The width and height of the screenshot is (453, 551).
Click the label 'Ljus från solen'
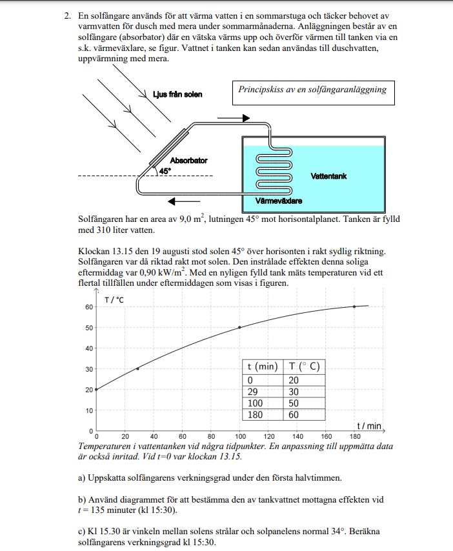tap(177, 95)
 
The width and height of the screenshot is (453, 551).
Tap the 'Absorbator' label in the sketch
tap(188, 161)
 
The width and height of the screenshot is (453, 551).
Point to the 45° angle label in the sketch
tap(165, 171)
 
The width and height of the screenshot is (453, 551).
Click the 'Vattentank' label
tap(328, 175)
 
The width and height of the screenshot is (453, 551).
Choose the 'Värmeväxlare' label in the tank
tap(279, 201)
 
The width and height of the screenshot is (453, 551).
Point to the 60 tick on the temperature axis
tap(88, 306)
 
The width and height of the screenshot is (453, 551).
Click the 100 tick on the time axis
tap(240, 436)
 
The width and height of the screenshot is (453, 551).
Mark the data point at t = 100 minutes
tap(240, 327)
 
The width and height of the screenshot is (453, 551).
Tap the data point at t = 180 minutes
tap(354, 306)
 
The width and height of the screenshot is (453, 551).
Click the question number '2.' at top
tap(67, 15)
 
